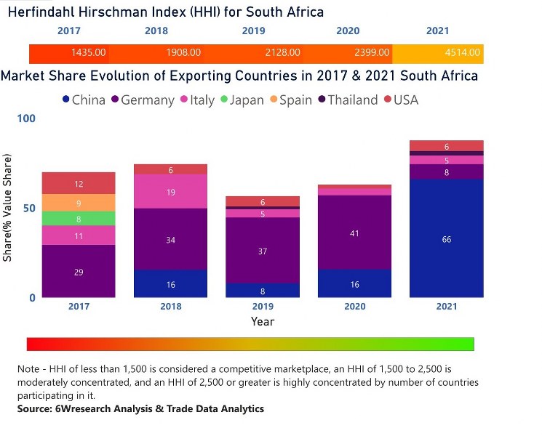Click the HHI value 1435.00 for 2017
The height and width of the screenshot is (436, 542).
coord(89,53)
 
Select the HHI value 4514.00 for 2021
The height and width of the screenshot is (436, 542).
coord(463,53)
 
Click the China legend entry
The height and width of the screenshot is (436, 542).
coord(83,100)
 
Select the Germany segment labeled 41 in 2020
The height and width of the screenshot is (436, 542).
coord(354,233)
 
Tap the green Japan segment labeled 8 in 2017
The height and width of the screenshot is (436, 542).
coord(79,218)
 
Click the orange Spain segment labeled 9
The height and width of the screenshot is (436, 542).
coord(79,203)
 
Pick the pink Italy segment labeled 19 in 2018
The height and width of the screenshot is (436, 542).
coord(170,192)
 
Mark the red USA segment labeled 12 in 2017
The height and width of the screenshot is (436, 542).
coord(79,184)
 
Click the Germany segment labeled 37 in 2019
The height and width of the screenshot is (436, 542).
coord(263,251)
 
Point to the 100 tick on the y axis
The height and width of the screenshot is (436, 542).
coord(26,118)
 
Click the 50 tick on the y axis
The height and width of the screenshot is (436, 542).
coord(29,208)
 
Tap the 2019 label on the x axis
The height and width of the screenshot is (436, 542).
coord(263,307)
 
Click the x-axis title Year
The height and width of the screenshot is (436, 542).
coord(263,321)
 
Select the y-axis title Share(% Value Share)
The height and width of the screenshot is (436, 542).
coord(8,208)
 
